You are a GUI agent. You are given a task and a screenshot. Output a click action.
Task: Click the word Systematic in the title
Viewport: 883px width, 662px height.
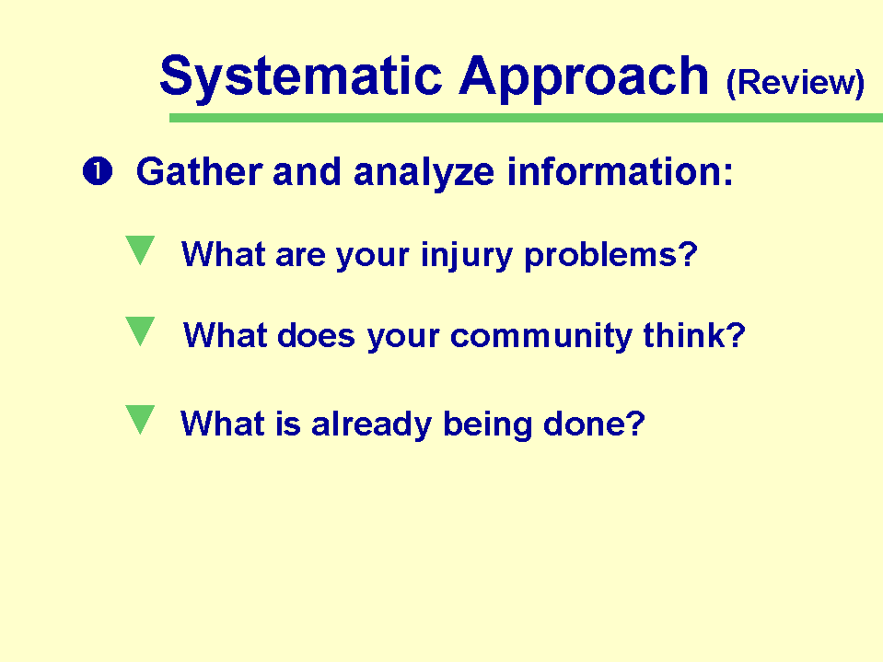coord(301,77)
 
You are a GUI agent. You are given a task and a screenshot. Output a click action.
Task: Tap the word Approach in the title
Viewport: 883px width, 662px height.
coord(584,78)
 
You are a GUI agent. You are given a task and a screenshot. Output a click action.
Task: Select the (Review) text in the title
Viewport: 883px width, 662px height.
coord(796,84)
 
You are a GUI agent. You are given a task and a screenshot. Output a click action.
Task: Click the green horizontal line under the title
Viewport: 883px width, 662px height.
coord(526,118)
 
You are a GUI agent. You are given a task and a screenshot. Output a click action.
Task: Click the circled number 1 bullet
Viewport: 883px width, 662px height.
coord(98,171)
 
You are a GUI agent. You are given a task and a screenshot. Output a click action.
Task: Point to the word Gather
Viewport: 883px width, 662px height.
coord(200,171)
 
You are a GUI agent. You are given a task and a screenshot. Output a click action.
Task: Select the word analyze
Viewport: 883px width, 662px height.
coord(424,173)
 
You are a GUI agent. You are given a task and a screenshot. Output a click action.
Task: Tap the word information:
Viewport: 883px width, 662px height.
coord(620,171)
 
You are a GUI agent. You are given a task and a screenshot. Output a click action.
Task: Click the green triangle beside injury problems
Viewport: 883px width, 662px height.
coord(140,249)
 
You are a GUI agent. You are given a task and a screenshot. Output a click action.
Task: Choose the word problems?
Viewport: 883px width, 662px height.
coord(611,256)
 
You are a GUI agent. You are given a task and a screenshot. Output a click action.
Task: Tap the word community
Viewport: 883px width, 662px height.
coord(541,337)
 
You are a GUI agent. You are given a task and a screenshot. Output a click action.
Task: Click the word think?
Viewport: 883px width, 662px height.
coord(694,335)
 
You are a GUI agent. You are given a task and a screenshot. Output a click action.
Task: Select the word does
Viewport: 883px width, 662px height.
coord(316,335)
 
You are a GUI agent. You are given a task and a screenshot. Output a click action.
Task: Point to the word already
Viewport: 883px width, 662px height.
coord(371,425)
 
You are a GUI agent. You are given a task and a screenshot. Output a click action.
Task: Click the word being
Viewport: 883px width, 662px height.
coord(488,425)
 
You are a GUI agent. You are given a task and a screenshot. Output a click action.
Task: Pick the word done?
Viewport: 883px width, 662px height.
coord(594,424)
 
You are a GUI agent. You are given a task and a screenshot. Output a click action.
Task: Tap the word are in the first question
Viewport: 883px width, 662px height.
coord(301,257)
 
